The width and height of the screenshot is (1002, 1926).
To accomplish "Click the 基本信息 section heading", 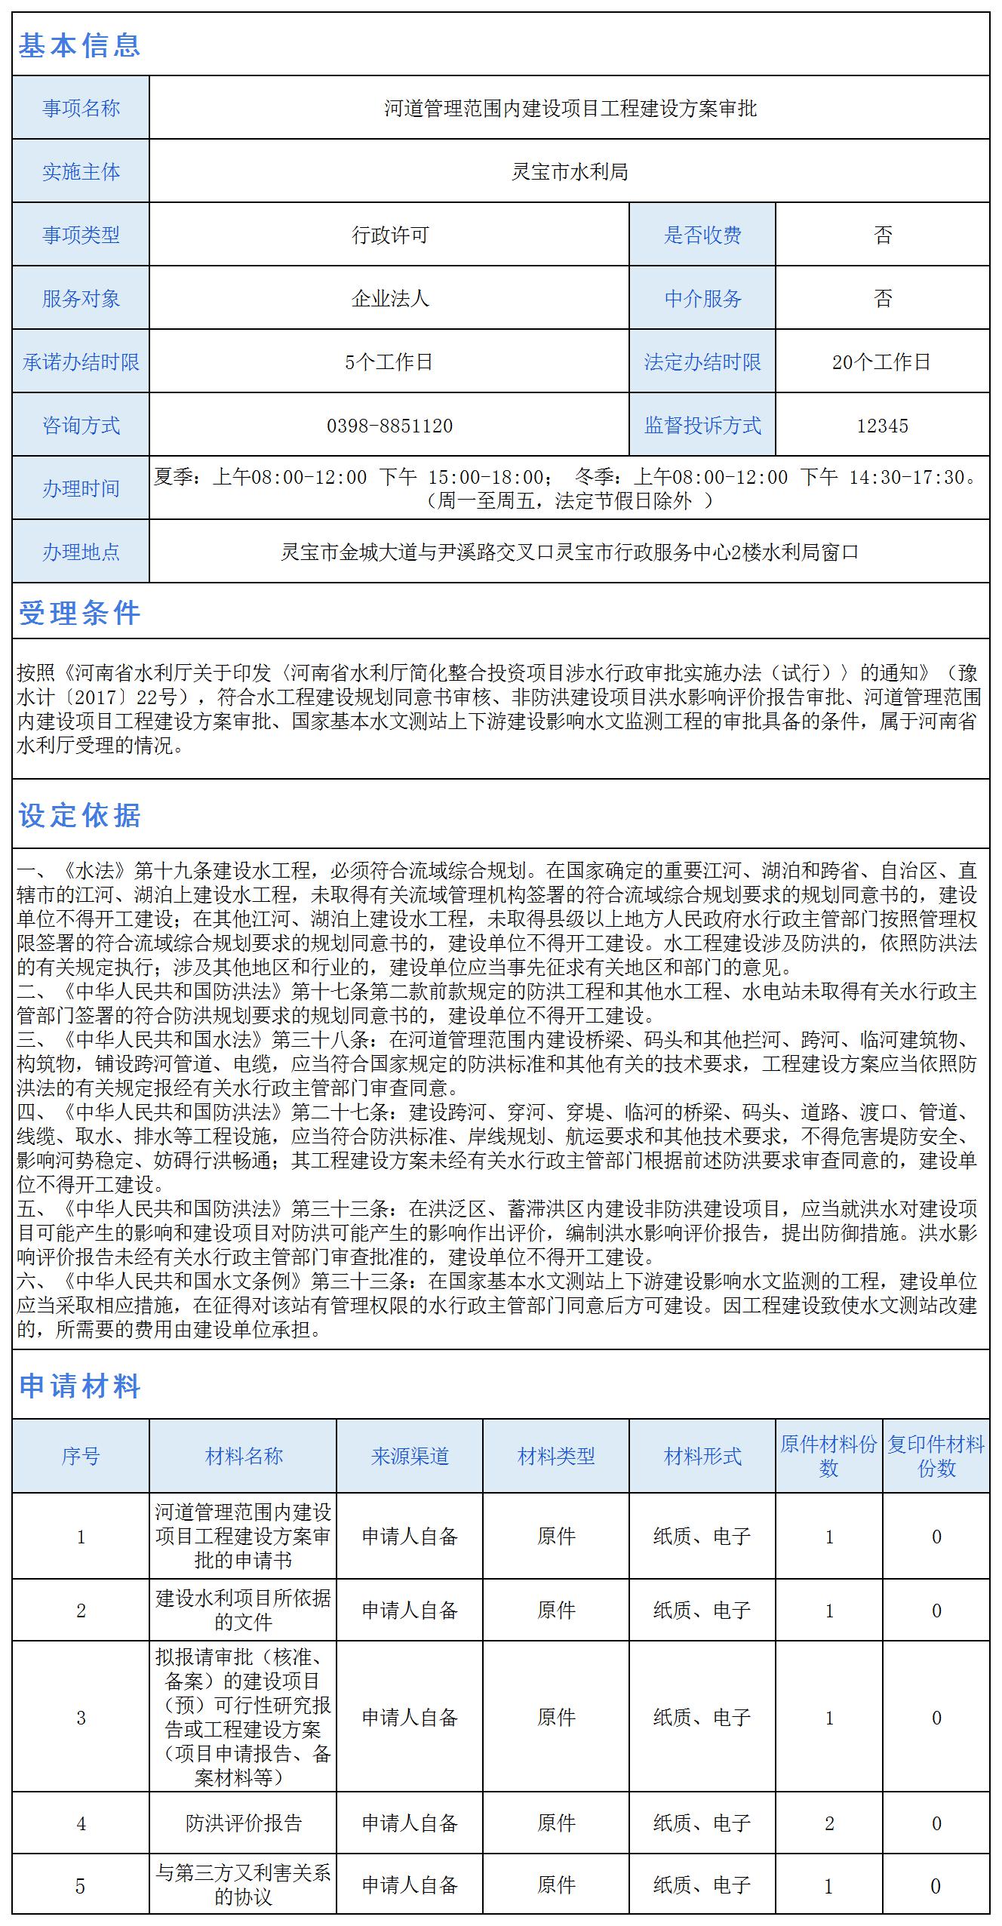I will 79,45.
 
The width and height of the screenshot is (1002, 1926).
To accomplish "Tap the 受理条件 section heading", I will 79,613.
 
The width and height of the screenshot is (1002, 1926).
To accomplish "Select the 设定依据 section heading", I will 79,815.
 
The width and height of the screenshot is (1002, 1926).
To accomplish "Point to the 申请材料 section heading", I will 79,1386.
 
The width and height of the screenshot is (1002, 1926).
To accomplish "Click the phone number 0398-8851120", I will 389,426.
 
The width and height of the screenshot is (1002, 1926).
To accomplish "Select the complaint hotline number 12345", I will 882,426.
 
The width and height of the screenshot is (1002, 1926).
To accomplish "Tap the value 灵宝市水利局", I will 570,172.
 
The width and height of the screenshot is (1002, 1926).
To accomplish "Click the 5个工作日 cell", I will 389,362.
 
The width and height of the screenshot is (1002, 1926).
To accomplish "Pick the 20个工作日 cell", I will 882,362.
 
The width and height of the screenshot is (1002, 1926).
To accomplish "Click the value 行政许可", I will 389,235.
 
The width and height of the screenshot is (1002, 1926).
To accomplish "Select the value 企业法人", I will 389,299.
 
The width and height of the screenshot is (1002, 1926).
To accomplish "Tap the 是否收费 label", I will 702,235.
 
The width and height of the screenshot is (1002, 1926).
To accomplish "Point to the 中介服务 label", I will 702,299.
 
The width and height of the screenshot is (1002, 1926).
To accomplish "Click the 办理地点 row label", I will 81,552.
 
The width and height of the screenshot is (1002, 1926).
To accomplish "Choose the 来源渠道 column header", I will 410,1456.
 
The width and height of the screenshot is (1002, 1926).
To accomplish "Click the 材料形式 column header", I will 702,1456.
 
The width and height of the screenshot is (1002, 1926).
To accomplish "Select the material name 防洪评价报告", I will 243,1823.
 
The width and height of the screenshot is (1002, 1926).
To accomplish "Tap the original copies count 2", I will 829,1823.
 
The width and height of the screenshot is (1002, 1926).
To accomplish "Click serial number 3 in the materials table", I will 81,1718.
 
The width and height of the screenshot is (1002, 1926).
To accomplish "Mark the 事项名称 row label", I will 81,109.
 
